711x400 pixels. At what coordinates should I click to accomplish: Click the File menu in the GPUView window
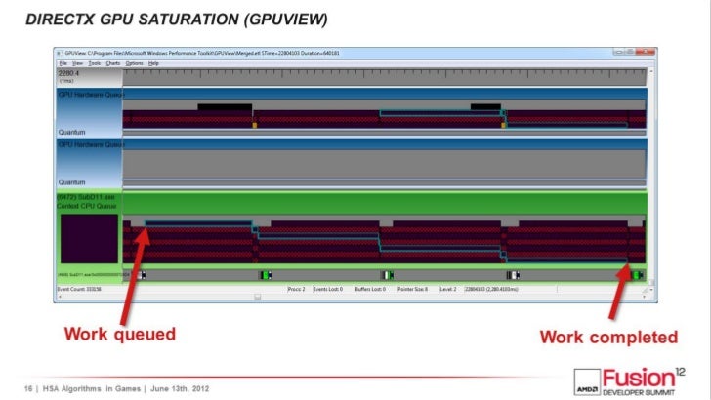(63, 62)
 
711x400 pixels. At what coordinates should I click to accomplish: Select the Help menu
(154, 62)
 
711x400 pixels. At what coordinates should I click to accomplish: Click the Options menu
(133, 62)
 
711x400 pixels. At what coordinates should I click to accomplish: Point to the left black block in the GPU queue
(224, 107)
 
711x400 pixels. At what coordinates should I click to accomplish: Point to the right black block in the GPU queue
(484, 107)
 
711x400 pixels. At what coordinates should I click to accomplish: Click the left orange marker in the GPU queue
(256, 125)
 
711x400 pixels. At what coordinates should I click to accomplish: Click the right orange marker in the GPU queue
(505, 125)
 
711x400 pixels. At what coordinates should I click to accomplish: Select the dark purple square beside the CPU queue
(89, 239)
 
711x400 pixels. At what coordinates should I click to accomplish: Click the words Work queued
(120, 336)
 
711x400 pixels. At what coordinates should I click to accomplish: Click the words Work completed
(608, 338)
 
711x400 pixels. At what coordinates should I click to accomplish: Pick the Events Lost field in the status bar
(326, 290)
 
